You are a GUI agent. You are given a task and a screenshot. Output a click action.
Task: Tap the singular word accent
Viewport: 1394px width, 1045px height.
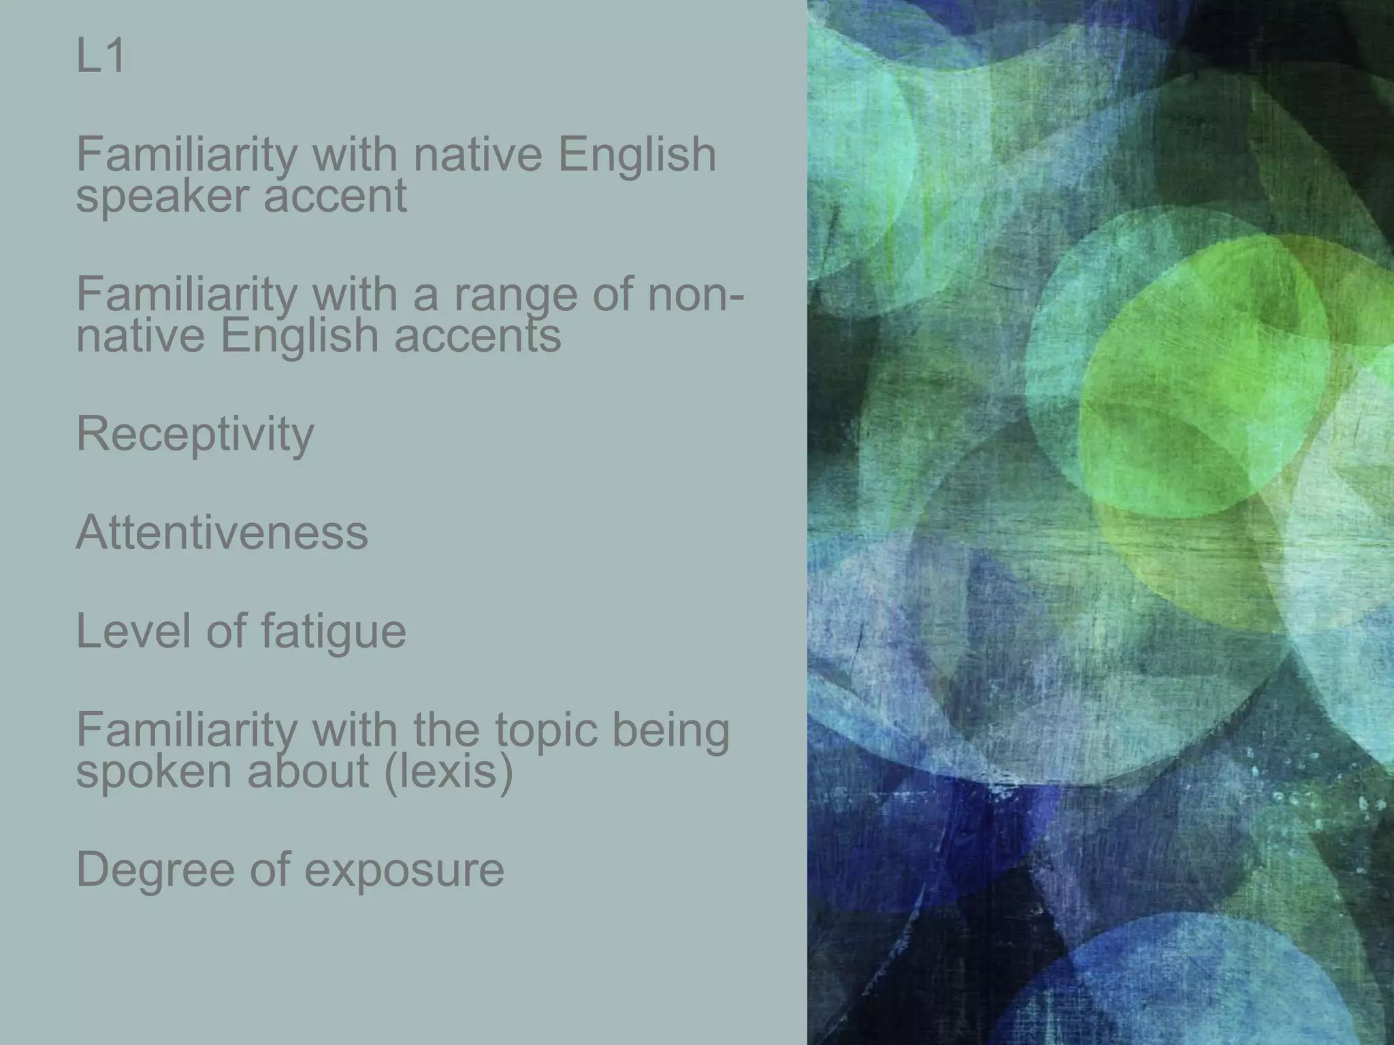(335, 196)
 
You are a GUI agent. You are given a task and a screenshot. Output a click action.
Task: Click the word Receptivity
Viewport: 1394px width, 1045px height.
(195, 434)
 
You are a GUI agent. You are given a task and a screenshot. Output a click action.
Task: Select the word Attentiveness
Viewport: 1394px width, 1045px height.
(222, 532)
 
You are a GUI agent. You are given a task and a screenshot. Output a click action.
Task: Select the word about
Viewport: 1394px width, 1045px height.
(308, 772)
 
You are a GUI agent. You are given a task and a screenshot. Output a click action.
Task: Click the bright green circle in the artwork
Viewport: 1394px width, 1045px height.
(1205, 381)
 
